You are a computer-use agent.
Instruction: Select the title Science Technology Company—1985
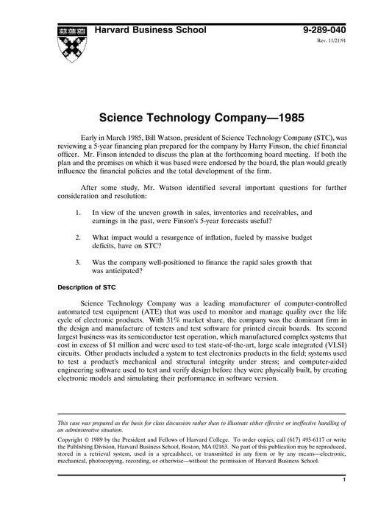pos(196,116)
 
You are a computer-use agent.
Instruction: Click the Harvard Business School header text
pos(149,29)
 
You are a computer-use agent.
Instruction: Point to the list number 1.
pos(78,212)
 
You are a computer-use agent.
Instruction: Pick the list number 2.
pos(78,238)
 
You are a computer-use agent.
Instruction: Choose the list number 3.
pos(78,263)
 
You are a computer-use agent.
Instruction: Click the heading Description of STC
pos(90,286)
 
